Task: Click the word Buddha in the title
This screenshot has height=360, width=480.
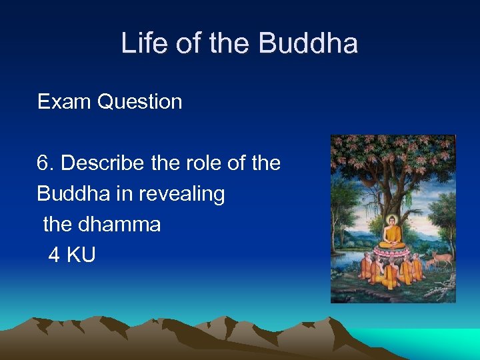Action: pyautogui.click(x=307, y=44)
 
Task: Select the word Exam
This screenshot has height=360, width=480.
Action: pyautogui.click(x=65, y=102)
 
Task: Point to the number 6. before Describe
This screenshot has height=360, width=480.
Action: pyautogui.click(x=46, y=163)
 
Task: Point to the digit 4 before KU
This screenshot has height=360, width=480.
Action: pyautogui.click(x=53, y=255)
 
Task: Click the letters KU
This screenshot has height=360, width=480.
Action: pyautogui.click(x=81, y=255)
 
